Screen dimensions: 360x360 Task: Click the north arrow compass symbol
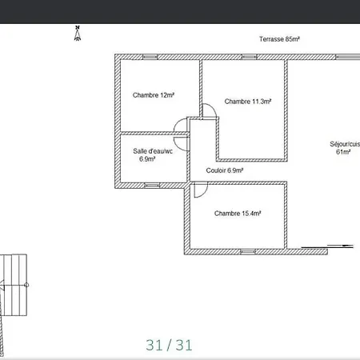(x=78, y=34)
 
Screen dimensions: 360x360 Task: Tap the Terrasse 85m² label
(x=279, y=39)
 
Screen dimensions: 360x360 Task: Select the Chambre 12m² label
(x=154, y=95)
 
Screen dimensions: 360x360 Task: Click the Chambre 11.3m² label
(x=248, y=102)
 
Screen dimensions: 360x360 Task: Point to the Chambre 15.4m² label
(x=238, y=214)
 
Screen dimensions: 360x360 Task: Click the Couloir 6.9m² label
(x=225, y=170)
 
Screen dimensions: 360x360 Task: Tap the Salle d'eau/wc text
(x=153, y=151)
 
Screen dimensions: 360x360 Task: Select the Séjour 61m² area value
(x=343, y=152)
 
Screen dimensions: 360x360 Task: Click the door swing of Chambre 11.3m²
(x=213, y=107)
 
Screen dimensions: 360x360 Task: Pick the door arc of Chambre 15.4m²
(x=205, y=193)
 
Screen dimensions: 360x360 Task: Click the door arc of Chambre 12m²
(x=177, y=122)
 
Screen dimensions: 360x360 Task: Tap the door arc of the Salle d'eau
(x=178, y=146)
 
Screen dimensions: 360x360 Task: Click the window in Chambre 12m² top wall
(x=150, y=57)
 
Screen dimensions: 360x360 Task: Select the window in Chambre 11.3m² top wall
(x=250, y=57)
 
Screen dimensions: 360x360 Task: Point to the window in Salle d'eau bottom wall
(x=152, y=186)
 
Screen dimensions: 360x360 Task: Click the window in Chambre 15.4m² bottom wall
(x=248, y=252)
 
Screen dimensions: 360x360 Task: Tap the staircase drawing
(x=14, y=285)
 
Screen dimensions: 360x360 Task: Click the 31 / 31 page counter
(x=169, y=345)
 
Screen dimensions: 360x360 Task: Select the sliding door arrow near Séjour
(x=340, y=246)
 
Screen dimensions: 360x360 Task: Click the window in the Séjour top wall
(x=348, y=57)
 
